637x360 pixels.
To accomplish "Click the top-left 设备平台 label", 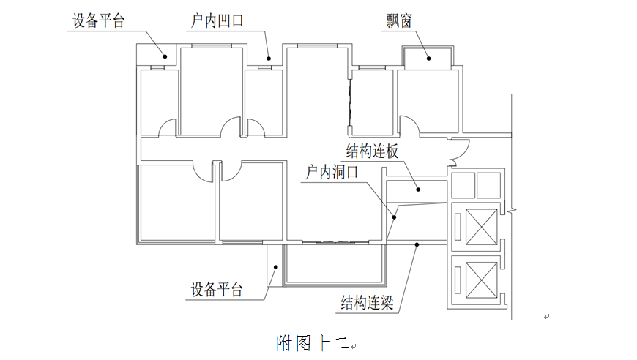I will tap(98, 20).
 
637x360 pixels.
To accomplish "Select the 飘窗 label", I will tap(399, 20).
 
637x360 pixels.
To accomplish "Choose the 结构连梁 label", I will tap(368, 301).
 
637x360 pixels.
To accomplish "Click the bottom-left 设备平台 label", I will tap(216, 289).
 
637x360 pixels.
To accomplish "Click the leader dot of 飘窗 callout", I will tap(430, 57).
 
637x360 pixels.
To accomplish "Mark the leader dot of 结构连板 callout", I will tap(420, 190).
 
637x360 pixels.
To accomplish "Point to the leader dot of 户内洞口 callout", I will tap(395, 217).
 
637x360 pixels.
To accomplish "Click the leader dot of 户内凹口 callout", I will tap(269, 58).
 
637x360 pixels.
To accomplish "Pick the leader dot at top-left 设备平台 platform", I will tap(165, 56).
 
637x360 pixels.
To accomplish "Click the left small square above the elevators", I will tap(463, 186).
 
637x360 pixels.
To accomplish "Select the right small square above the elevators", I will tap(487, 186).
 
